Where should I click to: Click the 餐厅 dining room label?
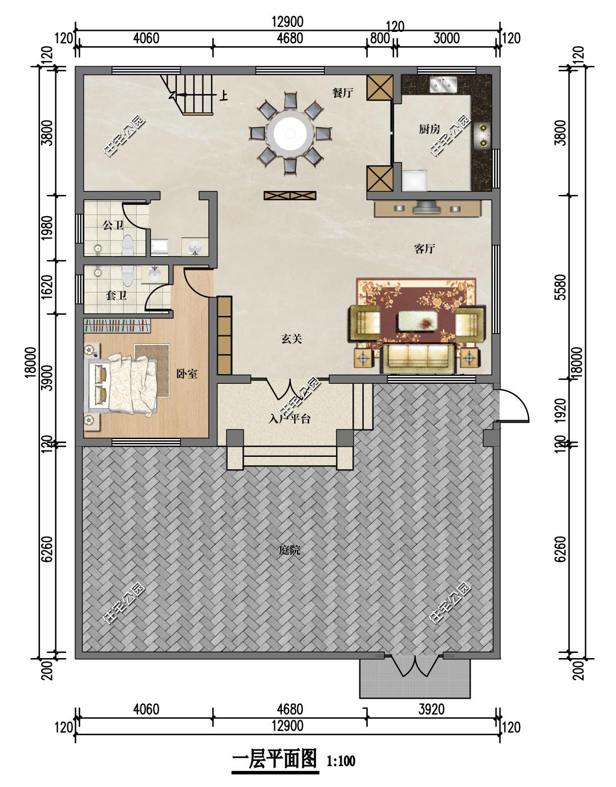pos(342,93)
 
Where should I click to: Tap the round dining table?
pos(290,133)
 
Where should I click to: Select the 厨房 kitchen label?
pos(429,129)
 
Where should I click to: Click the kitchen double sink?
pos(444,84)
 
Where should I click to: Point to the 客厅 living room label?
pos(424,249)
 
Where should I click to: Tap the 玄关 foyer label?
pos(291,339)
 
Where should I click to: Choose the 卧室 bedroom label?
pos(187,374)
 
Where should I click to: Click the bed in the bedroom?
pos(120,384)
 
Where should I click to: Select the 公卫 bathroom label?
pos(113,225)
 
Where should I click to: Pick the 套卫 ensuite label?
pos(116,295)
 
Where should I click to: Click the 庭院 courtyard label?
pos(290,550)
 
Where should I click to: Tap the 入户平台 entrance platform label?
pos(290,419)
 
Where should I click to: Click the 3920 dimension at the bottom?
pos(431,709)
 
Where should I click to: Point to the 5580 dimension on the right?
pos(561,287)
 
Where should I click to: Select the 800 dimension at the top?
pos(379,38)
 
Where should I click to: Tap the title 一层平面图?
pos(275,759)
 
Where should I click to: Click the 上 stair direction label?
pos(224,95)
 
